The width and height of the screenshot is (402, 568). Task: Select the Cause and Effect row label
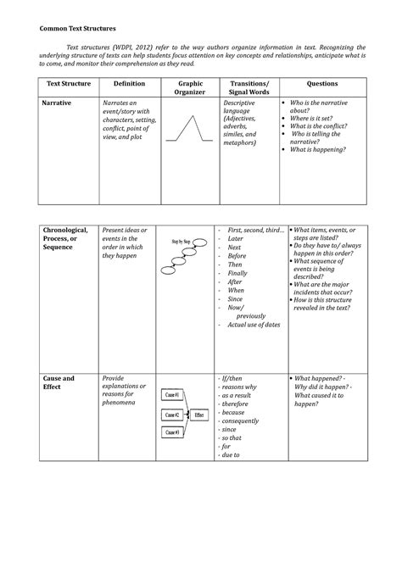click(59, 382)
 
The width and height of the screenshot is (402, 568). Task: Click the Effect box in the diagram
click(198, 415)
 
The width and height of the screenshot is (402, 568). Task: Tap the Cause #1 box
click(172, 396)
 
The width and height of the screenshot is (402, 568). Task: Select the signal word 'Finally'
click(237, 273)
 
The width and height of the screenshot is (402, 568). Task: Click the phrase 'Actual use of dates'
click(254, 325)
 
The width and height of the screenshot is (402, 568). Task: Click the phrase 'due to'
click(230, 455)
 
